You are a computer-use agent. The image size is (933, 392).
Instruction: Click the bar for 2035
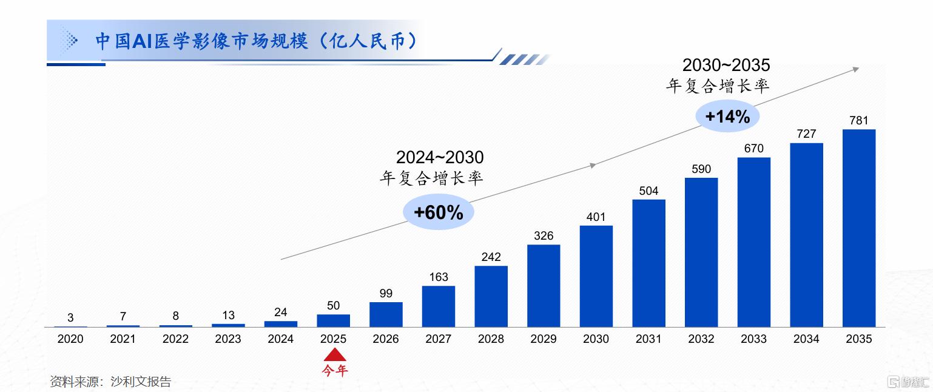pyautogui.click(x=858, y=228)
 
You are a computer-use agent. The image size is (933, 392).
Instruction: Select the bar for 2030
pyautogui.click(x=596, y=276)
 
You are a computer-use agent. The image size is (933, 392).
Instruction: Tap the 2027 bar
pyautogui.click(x=438, y=306)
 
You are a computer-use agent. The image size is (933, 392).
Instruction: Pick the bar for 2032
pyautogui.click(x=701, y=252)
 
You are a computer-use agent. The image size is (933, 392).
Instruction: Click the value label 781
pyautogui.click(x=858, y=120)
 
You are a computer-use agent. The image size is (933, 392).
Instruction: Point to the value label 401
pyautogui.click(x=596, y=217)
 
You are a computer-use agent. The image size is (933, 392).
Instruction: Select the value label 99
pyautogui.click(x=386, y=294)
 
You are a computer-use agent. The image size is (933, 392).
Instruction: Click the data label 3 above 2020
pyautogui.click(x=70, y=317)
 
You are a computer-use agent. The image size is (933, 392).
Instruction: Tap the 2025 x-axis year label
pyautogui.click(x=333, y=339)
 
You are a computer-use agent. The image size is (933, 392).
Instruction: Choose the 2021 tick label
pyautogui.click(x=123, y=339)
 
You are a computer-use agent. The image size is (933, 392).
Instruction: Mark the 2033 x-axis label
pyautogui.click(x=753, y=339)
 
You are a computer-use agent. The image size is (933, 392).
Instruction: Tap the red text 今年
pyautogui.click(x=334, y=370)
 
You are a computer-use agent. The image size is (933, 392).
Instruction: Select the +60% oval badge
pyautogui.click(x=438, y=212)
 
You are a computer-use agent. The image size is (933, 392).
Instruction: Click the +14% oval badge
pyautogui.click(x=727, y=117)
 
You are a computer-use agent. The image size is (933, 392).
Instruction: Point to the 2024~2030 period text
pyautogui.click(x=440, y=158)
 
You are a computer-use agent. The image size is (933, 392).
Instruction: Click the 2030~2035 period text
pyautogui.click(x=726, y=65)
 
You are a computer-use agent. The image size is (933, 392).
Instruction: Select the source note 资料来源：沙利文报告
pyautogui.click(x=110, y=382)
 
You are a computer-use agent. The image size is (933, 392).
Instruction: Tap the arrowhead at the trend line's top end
pyautogui.click(x=856, y=69)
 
